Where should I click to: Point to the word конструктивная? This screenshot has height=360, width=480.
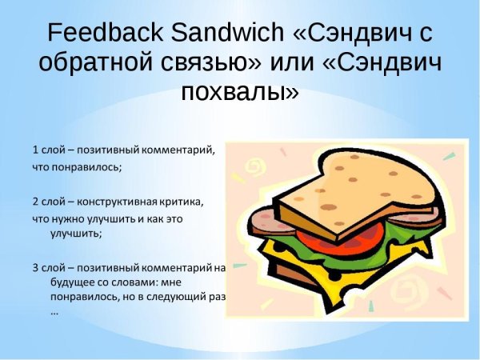[x=121, y=200]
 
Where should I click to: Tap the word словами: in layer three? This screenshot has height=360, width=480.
[x=145, y=282]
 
